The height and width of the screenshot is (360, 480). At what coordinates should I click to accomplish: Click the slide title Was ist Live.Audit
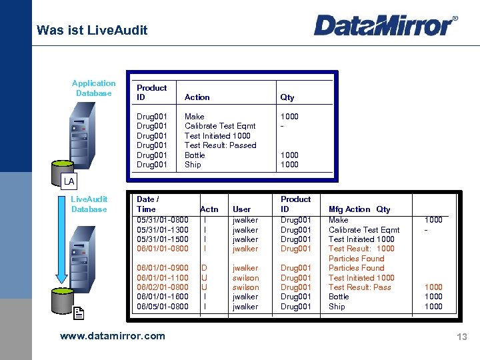pyautogui.click(x=92, y=30)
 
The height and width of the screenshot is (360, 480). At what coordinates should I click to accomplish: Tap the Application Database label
pyautogui.click(x=93, y=88)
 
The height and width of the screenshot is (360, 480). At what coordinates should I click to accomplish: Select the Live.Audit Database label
pyautogui.click(x=89, y=204)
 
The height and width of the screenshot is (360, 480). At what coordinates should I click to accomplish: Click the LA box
pyautogui.click(x=69, y=181)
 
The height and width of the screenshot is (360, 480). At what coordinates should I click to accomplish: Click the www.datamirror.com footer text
pyautogui.click(x=112, y=336)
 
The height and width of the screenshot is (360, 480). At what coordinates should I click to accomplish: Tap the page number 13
pyautogui.click(x=461, y=337)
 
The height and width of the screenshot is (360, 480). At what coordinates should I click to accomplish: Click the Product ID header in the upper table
pyautogui.click(x=151, y=92)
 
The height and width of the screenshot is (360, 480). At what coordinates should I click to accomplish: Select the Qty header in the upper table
pyautogui.click(x=287, y=97)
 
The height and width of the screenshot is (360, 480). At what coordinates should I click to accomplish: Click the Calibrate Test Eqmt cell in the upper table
pyautogui.click(x=219, y=126)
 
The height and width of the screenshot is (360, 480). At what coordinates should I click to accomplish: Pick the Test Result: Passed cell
pyautogui.click(x=220, y=145)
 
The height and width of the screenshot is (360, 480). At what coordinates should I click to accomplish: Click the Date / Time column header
pyautogui.click(x=147, y=204)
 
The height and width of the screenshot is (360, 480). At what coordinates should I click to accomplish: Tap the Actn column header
pyautogui.click(x=209, y=209)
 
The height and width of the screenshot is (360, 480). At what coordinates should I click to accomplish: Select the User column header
pyautogui.click(x=242, y=209)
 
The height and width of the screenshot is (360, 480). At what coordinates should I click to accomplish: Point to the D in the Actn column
pyautogui.click(x=205, y=268)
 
